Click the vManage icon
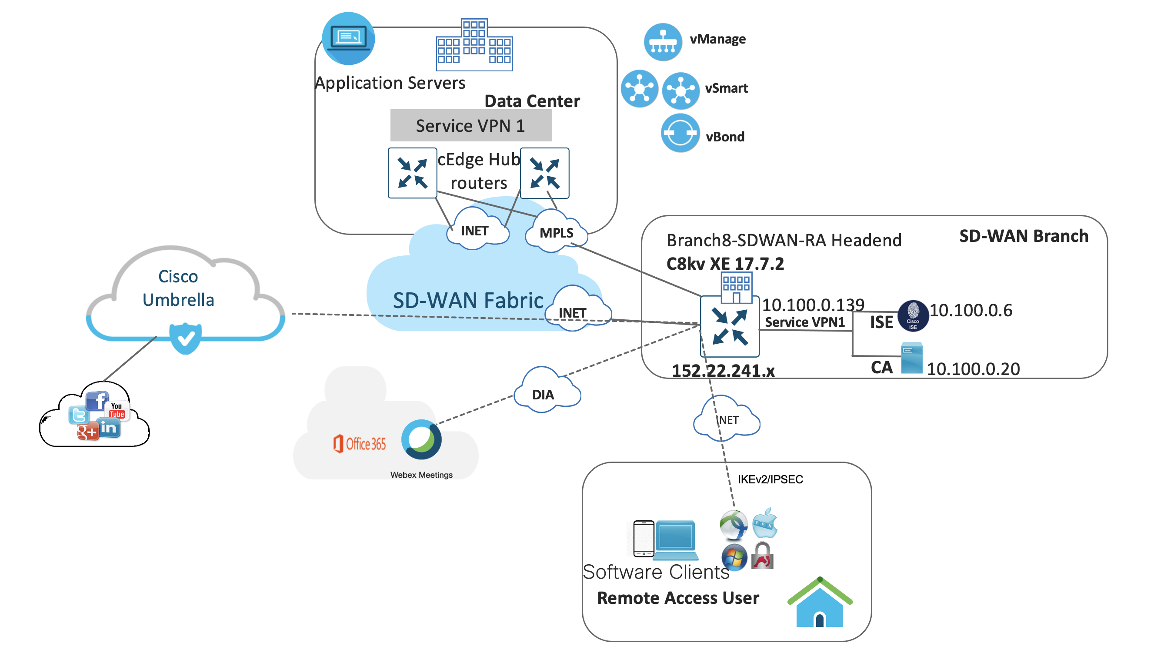(x=663, y=42)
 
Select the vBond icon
(x=680, y=133)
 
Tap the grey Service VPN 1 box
(x=471, y=125)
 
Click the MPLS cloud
(x=556, y=232)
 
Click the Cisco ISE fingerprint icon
(x=913, y=315)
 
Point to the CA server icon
(x=912, y=358)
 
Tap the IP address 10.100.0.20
(x=973, y=369)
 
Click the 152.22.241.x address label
(x=723, y=371)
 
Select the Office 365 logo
(x=359, y=444)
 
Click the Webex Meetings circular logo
(x=421, y=439)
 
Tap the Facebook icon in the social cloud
(x=97, y=400)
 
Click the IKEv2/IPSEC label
(x=770, y=479)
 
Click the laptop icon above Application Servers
(x=348, y=39)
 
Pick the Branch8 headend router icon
(x=729, y=326)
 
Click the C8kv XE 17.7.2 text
(x=725, y=264)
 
